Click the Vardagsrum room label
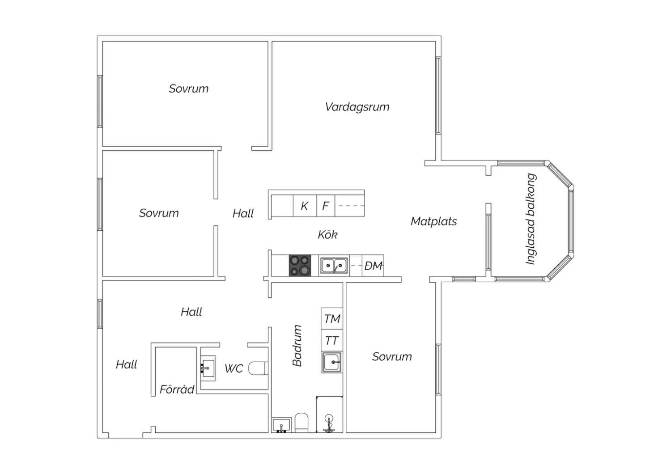tap(357, 107)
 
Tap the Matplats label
tap(433, 221)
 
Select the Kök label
tap(327, 235)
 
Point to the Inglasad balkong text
tap(531, 219)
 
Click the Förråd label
tap(177, 389)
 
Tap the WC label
tap(234, 368)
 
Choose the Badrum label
tap(297, 346)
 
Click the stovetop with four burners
tap(300, 266)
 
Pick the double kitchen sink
tap(334, 266)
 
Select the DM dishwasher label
tap(373, 266)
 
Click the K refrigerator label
tap(304, 206)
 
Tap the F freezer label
tap(325, 206)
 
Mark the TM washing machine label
tap(332, 319)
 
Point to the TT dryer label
tap(331, 341)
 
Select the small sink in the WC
tap(208, 368)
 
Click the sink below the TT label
tap(332, 362)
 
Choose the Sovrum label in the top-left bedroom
tap(188, 89)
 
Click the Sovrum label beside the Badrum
tap(392, 357)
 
